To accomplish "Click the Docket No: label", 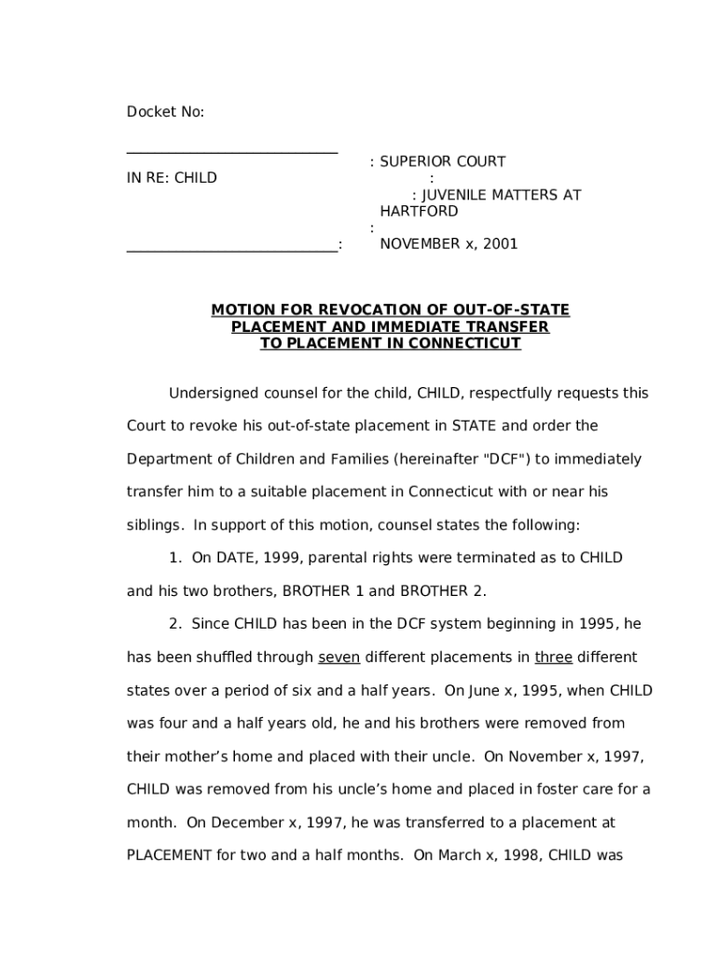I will coord(165,113).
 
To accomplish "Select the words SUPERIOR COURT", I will coord(442,161).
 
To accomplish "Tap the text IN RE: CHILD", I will coord(172,178).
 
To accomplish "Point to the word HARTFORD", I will coord(419,212).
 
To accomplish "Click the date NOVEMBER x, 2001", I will coord(449,244).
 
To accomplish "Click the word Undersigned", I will coord(210,394).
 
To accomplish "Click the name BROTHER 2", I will coord(443,591).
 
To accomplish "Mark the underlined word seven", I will coord(338,657).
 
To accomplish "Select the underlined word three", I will coord(554,657).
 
